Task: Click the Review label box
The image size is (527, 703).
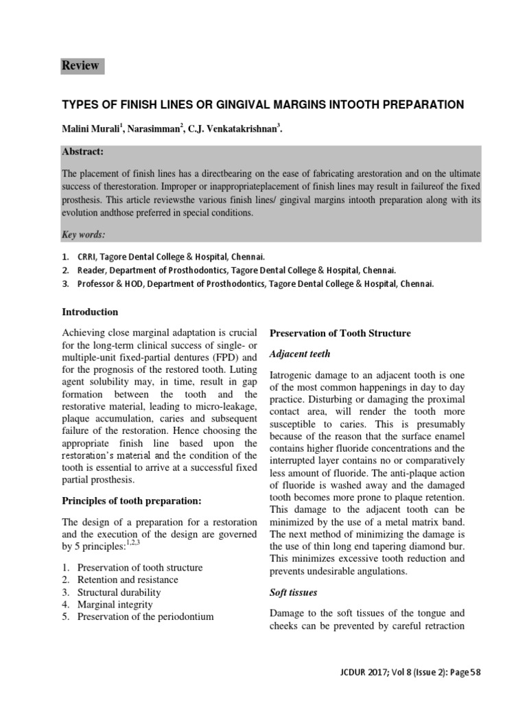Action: [x=80, y=66]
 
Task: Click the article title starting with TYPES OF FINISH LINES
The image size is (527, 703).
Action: [x=263, y=104]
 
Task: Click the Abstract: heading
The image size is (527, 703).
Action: [x=83, y=152]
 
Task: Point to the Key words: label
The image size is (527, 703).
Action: [x=84, y=235]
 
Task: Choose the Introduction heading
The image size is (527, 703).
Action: [x=90, y=312]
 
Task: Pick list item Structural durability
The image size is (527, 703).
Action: [x=119, y=592]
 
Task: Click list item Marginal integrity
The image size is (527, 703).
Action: [x=115, y=605]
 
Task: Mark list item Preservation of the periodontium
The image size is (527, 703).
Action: [x=145, y=617]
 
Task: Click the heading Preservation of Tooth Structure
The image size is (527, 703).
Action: [x=340, y=334]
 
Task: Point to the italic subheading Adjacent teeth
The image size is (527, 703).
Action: [x=300, y=354]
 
